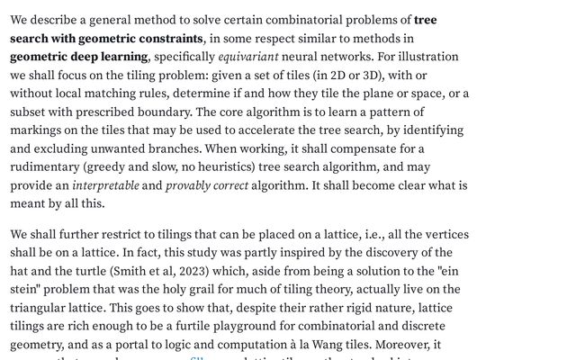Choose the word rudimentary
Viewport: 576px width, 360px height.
pos(49,166)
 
